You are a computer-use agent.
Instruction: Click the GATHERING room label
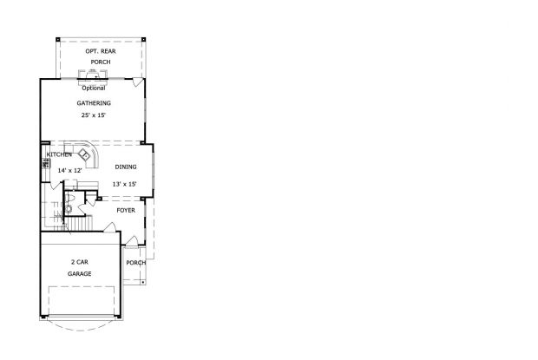(92, 102)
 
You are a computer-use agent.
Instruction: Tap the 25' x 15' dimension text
(92, 115)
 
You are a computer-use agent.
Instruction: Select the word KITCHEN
(59, 155)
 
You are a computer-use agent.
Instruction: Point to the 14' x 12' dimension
(69, 171)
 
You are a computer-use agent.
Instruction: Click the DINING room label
(126, 167)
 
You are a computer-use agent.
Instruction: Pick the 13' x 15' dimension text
(125, 183)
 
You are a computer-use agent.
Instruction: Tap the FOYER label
(126, 209)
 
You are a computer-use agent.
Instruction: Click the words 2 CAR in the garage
(81, 261)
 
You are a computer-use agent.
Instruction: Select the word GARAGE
(81, 274)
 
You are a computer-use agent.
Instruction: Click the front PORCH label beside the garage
(135, 263)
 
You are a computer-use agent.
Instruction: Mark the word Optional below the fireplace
(93, 88)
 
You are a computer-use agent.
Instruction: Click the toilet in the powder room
(69, 208)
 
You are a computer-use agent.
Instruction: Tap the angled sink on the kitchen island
(85, 155)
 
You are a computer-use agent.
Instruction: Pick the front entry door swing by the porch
(130, 241)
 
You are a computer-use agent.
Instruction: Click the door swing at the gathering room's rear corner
(136, 82)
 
